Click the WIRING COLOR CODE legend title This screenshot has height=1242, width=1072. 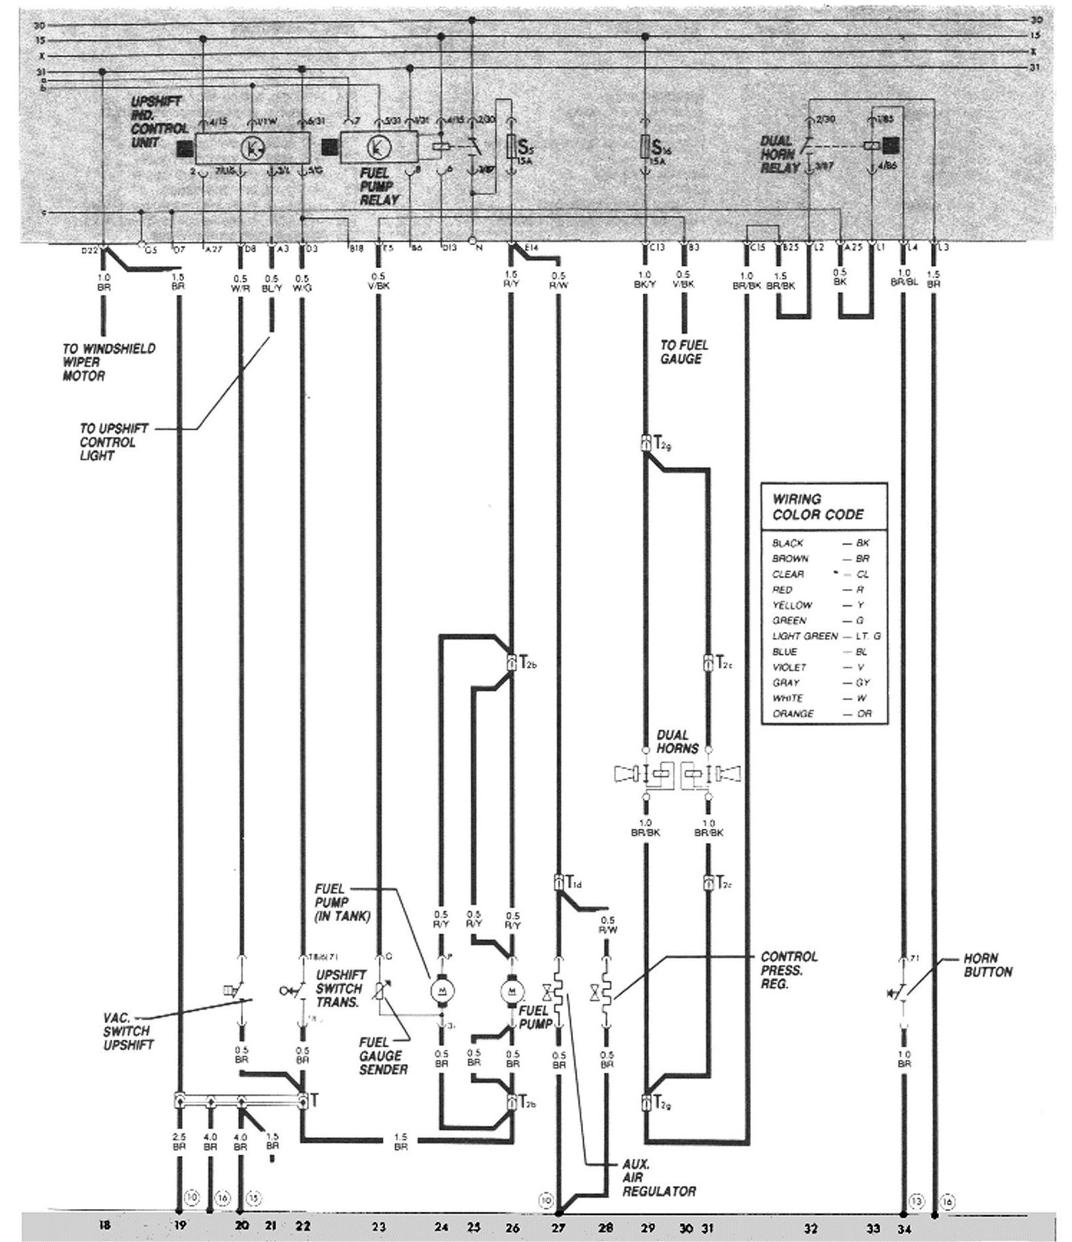[x=817, y=506]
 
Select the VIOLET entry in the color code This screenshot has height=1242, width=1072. [x=789, y=667]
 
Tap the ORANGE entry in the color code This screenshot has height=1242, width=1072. [x=793, y=713]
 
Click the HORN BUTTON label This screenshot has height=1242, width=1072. [x=987, y=965]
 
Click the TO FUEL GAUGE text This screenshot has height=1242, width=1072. [x=684, y=352]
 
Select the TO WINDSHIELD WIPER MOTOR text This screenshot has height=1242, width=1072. [x=109, y=362]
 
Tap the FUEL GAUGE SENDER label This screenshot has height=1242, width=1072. [x=383, y=1055]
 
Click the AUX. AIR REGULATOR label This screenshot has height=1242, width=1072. [x=658, y=1178]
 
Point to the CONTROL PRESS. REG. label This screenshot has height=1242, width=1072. [x=789, y=970]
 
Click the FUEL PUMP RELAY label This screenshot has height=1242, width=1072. [x=379, y=185]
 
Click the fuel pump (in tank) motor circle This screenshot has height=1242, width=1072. [x=441, y=989]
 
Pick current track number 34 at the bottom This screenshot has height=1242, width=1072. [x=903, y=1226]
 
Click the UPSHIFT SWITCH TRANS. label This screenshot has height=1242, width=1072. [x=341, y=989]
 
